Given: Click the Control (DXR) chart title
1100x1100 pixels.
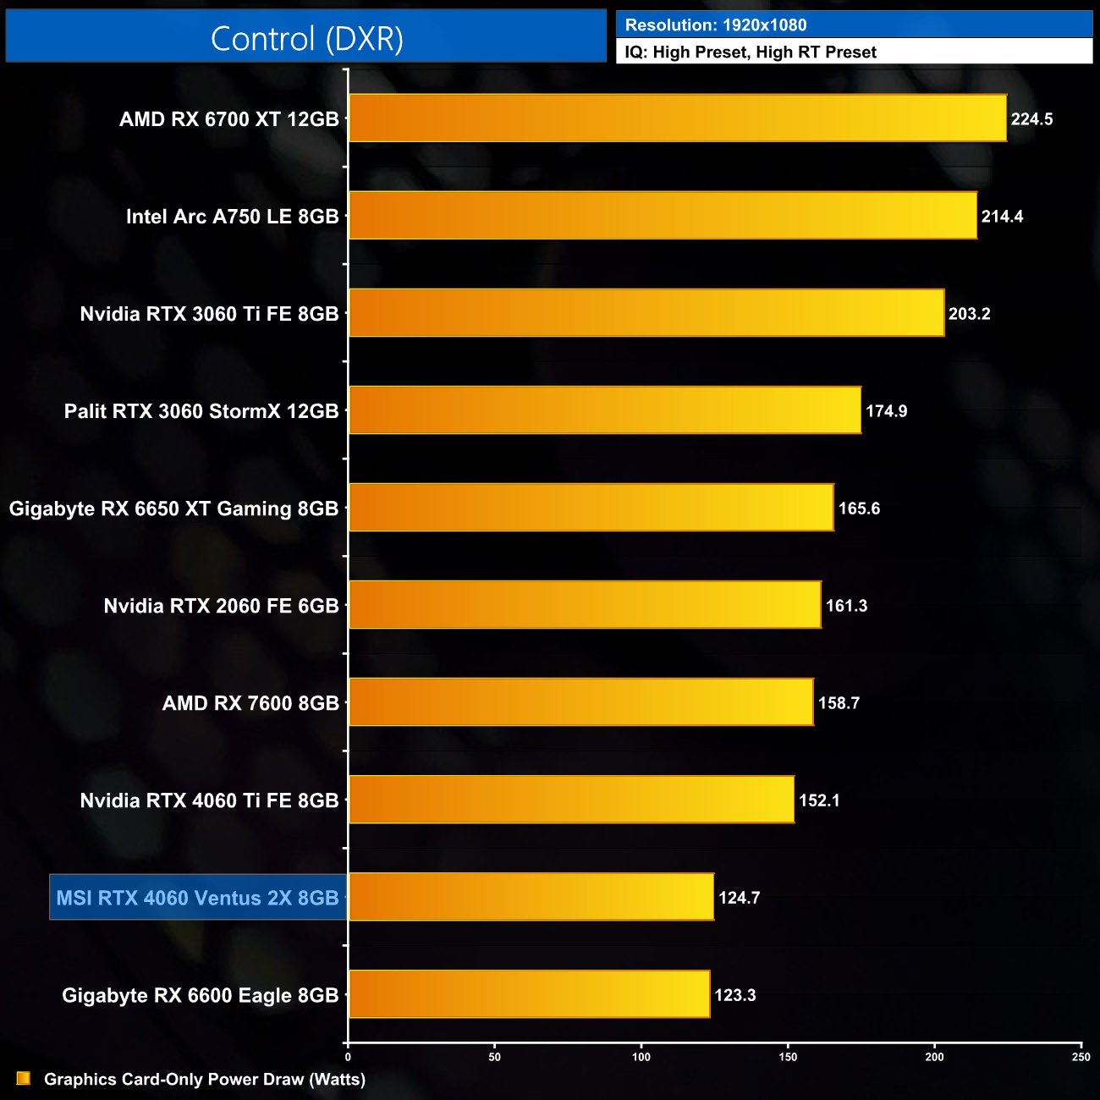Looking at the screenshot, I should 306,39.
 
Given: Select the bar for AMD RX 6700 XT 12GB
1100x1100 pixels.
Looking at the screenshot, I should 677,118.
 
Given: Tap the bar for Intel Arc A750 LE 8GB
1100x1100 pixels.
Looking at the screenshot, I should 663,216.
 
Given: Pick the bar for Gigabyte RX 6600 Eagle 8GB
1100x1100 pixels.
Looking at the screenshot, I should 529,994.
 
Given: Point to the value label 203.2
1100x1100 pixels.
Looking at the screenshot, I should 969,314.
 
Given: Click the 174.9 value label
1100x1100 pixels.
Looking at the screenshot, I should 886,411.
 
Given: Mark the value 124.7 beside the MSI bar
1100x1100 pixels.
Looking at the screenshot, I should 739,898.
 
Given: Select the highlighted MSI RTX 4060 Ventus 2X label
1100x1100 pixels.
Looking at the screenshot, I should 198,898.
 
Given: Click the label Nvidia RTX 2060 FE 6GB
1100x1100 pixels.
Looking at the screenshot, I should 221,606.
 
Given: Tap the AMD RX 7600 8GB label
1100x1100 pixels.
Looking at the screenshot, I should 250,703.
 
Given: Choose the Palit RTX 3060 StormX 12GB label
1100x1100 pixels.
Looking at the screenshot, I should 201,411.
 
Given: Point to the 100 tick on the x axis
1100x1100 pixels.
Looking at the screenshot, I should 641,1057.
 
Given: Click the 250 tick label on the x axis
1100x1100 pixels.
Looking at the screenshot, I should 1081,1057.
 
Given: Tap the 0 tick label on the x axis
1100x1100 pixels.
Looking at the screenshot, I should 348,1057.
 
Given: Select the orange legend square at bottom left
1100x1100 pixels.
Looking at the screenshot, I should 24,1078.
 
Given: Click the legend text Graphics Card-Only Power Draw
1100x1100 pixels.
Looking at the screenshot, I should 205,1080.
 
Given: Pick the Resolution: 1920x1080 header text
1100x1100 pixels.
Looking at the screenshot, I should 716,25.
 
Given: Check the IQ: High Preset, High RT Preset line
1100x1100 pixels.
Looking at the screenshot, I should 751,52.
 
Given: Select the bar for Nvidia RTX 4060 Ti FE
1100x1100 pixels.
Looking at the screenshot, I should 571,800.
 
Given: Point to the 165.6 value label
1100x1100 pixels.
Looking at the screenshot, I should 859,509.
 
